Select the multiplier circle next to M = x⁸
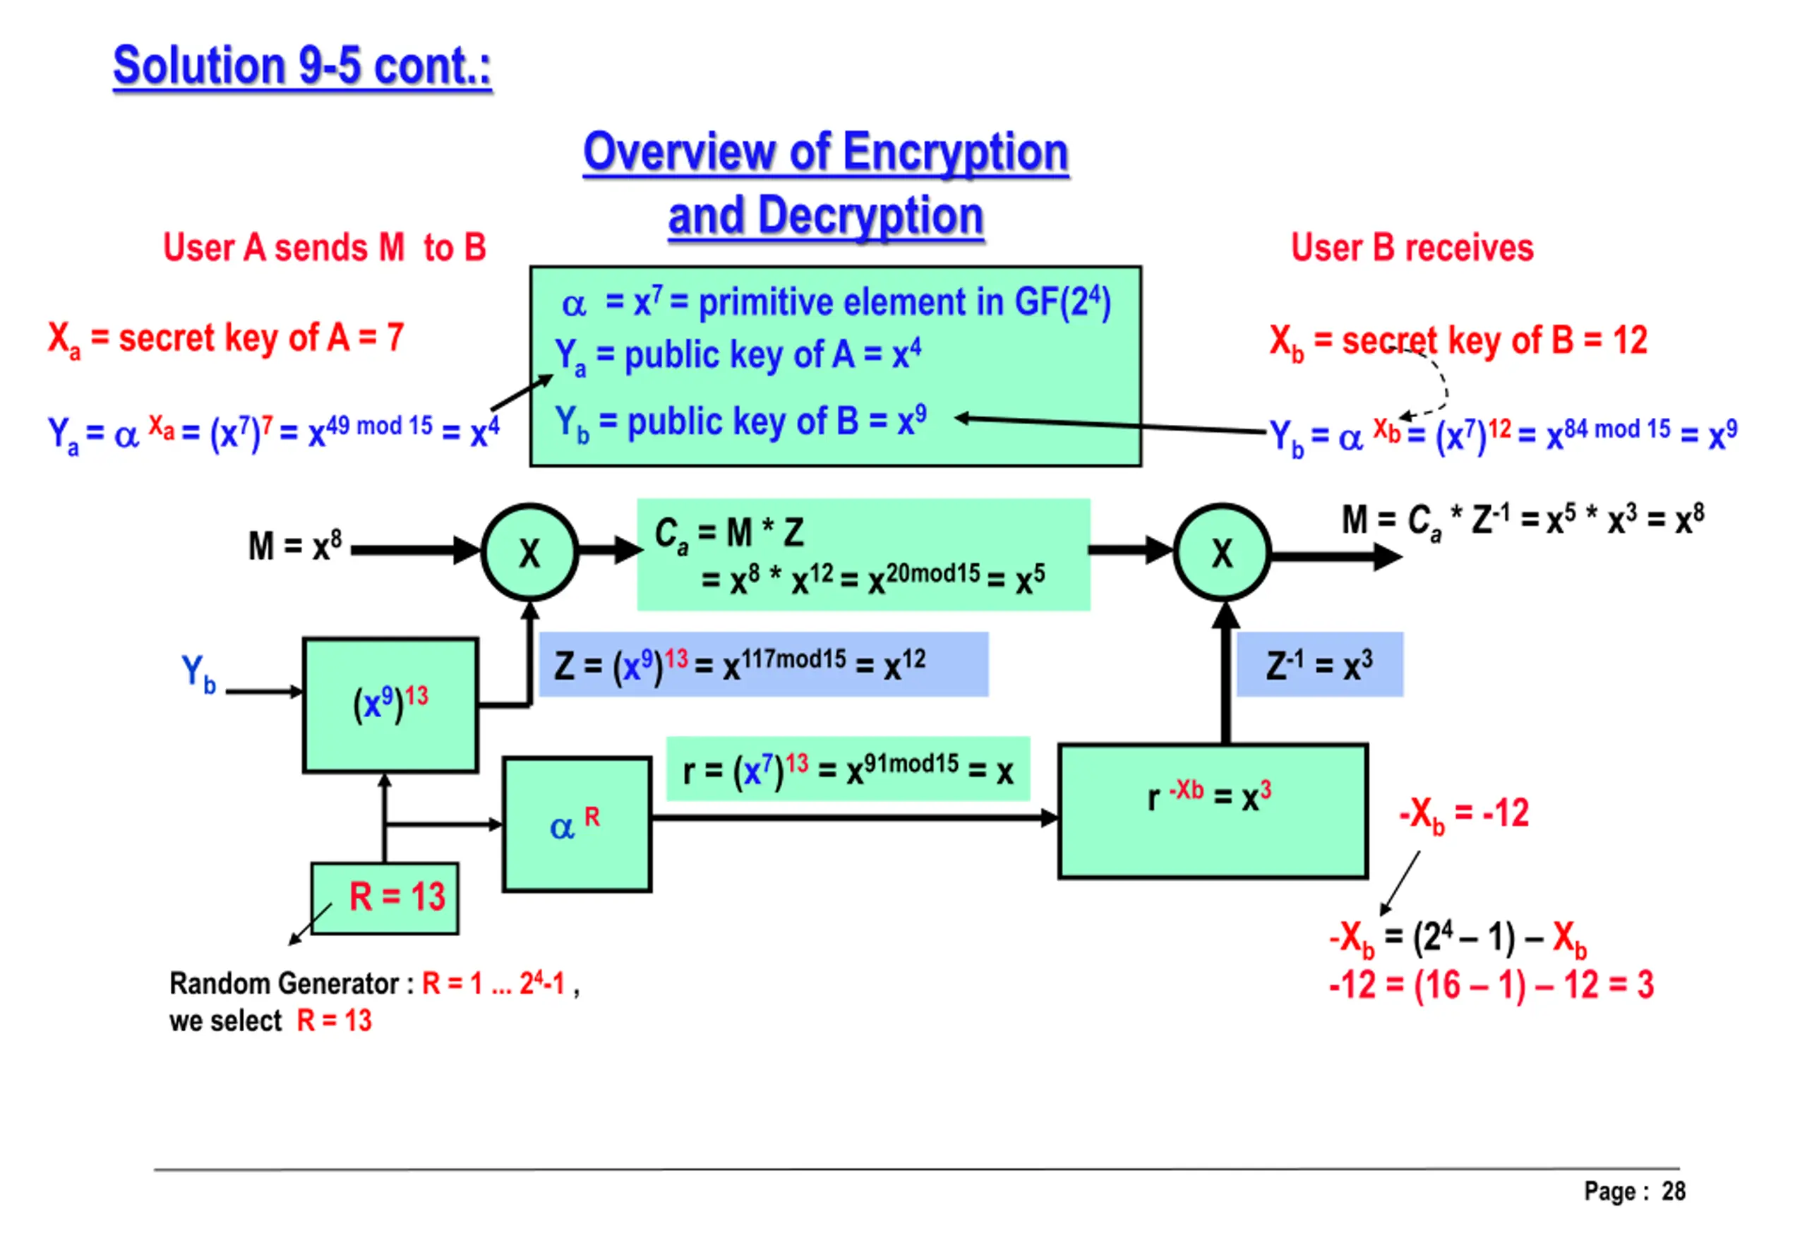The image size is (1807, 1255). click(x=529, y=552)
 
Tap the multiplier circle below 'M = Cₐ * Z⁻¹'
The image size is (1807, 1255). click(x=1221, y=553)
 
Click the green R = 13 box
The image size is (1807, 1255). click(x=385, y=897)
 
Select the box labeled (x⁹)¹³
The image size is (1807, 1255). click(x=390, y=704)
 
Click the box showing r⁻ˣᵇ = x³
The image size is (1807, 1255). click(x=1212, y=811)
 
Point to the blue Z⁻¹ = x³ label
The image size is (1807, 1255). click(x=1319, y=664)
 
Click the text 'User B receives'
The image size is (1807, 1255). click(x=1412, y=248)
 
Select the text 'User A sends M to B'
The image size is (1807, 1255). click(x=324, y=248)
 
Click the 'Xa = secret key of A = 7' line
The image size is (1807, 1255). click(x=226, y=339)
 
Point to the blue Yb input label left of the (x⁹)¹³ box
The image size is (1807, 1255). click(x=198, y=673)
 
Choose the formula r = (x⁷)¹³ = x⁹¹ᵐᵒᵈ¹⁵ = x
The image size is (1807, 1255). click(x=847, y=769)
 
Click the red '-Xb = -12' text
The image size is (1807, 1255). click(x=1463, y=813)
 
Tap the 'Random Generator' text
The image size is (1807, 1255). click(x=284, y=983)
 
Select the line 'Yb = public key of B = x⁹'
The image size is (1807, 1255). click(x=740, y=421)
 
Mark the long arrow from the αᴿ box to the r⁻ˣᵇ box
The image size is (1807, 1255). click(x=853, y=818)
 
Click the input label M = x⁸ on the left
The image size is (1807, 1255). click(x=295, y=545)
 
